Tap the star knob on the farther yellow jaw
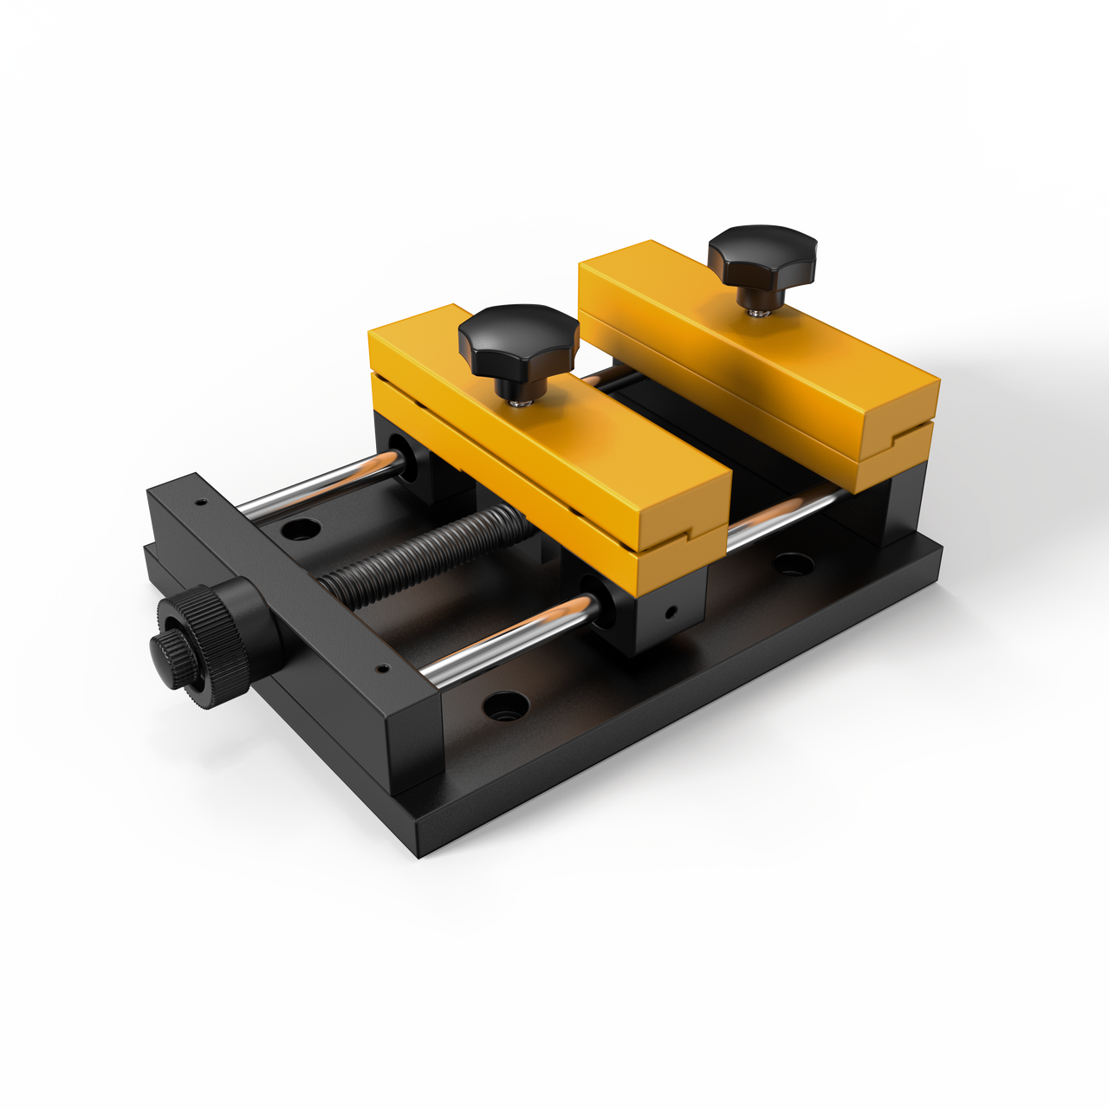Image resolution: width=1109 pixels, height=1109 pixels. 762,256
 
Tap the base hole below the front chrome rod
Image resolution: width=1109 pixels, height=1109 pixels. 505,706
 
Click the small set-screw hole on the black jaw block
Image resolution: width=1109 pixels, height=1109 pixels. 670,613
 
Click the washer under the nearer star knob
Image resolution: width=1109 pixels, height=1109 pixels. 521,400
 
